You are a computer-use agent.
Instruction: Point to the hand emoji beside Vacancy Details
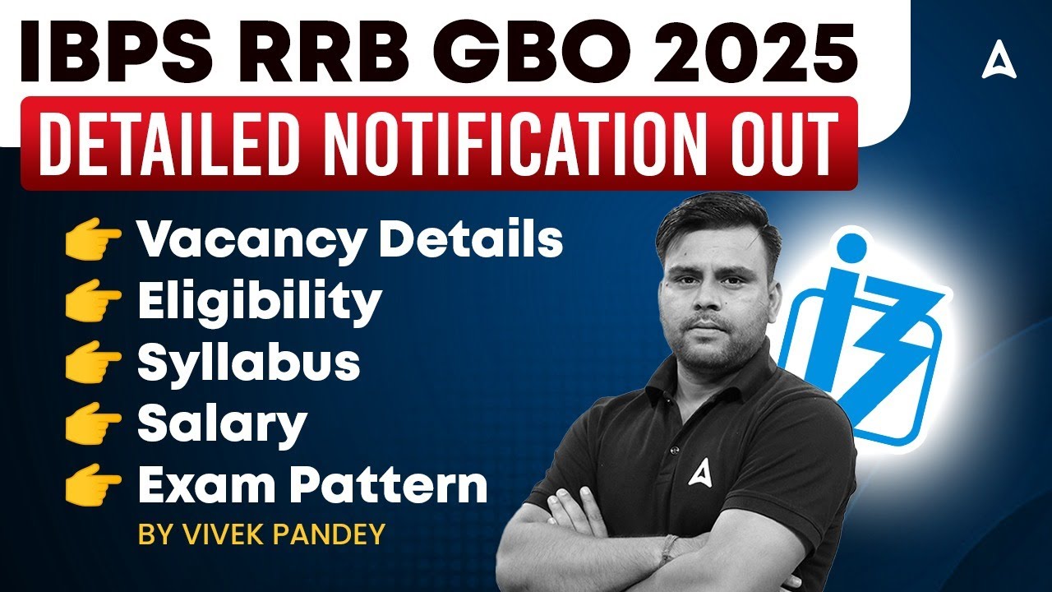coord(92,239)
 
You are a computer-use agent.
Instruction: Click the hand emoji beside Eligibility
coord(92,301)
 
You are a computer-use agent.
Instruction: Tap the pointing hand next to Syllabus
coord(92,363)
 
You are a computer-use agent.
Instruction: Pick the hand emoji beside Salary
coord(92,424)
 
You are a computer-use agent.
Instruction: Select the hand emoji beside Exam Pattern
coord(92,485)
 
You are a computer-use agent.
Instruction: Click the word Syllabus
coord(248,363)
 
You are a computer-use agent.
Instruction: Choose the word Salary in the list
coord(222,424)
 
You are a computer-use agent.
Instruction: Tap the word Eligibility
coord(259,303)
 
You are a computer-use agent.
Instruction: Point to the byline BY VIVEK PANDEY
coord(261,534)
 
